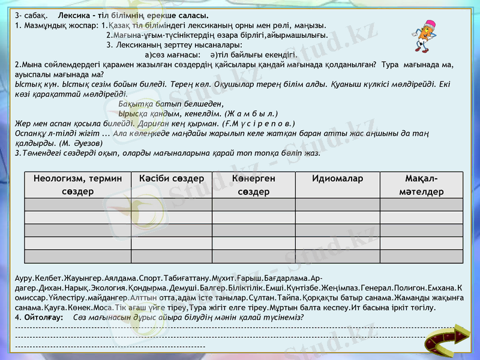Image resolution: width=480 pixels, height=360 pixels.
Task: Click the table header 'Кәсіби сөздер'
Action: [171, 179]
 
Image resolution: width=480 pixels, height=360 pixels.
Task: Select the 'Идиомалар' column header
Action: [337, 179]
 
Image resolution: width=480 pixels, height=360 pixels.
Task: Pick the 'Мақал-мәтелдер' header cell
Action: [421, 185]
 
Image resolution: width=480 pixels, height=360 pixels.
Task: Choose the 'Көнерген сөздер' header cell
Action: [253, 185]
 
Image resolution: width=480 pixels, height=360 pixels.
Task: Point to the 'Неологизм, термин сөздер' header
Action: [78, 185]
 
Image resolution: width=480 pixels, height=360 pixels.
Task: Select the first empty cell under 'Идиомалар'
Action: [337, 204]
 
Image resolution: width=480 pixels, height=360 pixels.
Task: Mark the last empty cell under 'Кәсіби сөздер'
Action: [171, 256]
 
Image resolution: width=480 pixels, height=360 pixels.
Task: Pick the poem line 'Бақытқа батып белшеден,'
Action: [163, 103]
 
